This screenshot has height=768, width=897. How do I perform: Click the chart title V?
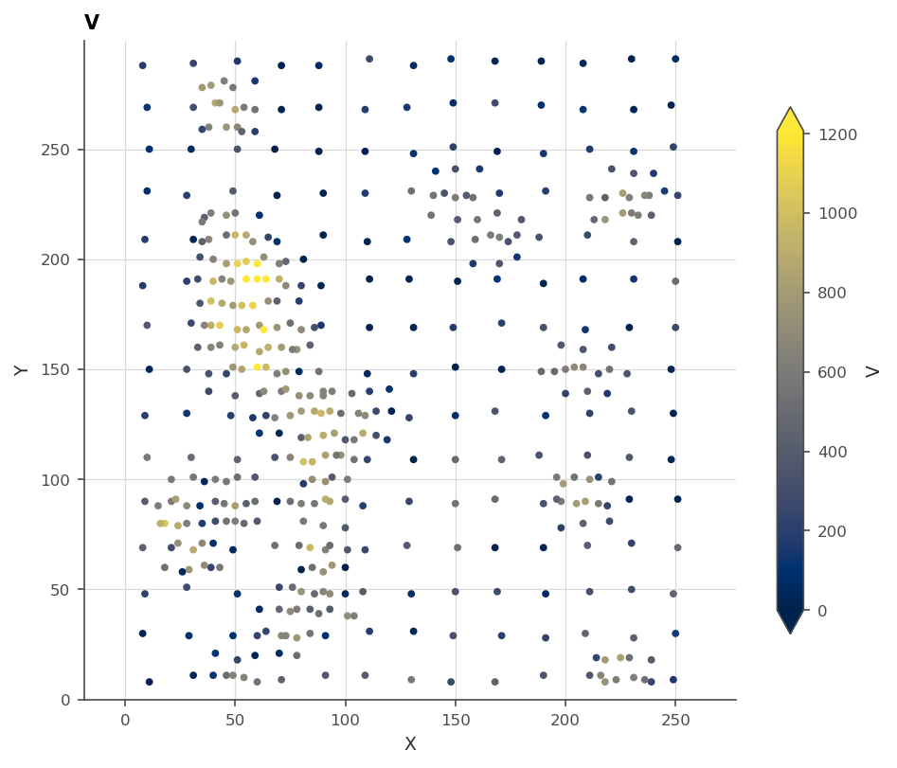coord(92,22)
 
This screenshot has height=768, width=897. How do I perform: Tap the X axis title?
coord(410,743)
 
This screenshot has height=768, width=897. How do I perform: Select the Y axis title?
coord(21,370)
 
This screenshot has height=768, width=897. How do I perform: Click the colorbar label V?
coord(872,372)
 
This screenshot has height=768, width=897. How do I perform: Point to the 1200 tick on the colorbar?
coord(837,134)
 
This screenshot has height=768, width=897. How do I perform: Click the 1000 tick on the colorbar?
coord(837,213)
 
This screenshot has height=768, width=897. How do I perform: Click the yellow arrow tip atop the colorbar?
coord(790,107)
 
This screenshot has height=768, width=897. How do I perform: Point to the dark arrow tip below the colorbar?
coord(790,633)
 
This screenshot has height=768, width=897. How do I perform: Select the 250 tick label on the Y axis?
coord(55,150)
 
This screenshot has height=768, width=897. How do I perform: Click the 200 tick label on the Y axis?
coord(55,259)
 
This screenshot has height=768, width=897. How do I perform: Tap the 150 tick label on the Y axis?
coord(55,369)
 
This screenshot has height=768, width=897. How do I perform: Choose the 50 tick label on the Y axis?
coord(60,590)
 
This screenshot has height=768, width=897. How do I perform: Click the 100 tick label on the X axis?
coord(345,720)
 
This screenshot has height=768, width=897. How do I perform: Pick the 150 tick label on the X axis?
coord(456,720)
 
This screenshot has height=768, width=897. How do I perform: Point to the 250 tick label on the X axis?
coord(675,720)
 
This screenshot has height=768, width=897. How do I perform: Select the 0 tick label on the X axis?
coord(125,720)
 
